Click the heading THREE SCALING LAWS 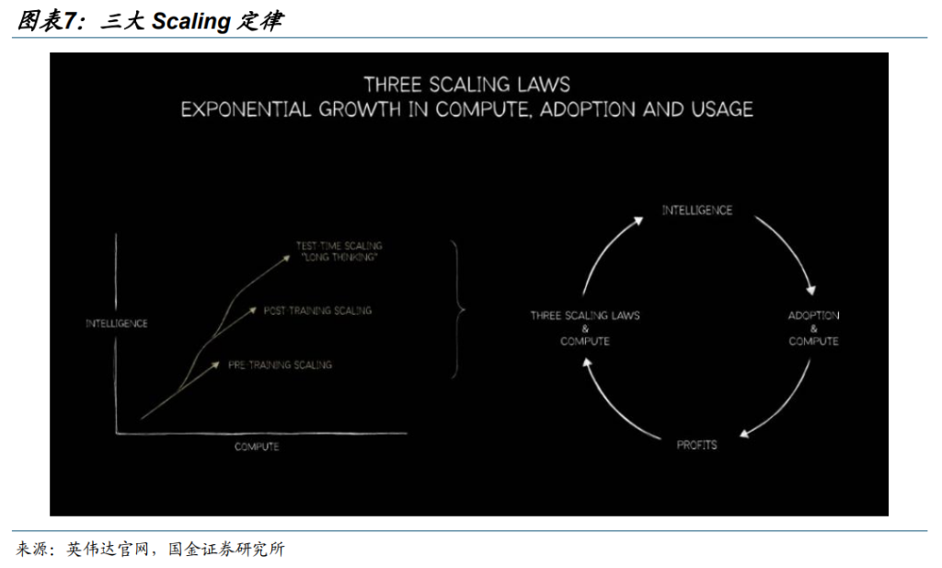click(466, 85)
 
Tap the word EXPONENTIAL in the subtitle click(246, 110)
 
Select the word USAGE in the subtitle click(722, 110)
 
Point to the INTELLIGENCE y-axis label click(117, 323)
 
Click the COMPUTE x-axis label click(257, 446)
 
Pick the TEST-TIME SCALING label click(339, 245)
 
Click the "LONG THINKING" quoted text click(339, 257)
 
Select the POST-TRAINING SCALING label click(317, 311)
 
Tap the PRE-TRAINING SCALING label click(280, 365)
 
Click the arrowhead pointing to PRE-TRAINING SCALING click(215, 365)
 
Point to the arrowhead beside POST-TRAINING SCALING click(252, 311)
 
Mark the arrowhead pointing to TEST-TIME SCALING click(285, 259)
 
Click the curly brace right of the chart click(458, 309)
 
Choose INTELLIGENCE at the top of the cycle click(697, 211)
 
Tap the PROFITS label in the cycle click(697, 445)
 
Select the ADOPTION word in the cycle click(813, 316)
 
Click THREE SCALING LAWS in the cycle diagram click(585, 316)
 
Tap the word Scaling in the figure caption click(191, 21)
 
